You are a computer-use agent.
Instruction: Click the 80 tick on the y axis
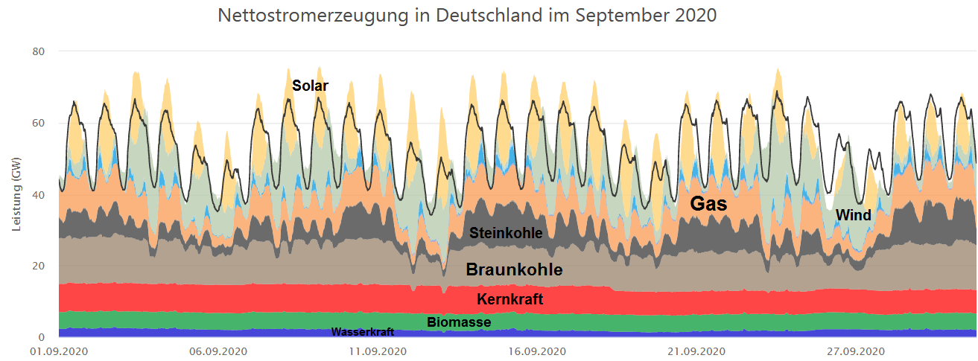click(x=39, y=51)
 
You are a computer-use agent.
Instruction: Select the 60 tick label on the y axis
click(x=39, y=123)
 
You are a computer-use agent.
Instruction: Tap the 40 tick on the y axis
click(x=39, y=194)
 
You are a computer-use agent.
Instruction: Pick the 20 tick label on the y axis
click(x=39, y=266)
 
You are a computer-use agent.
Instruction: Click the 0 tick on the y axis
click(x=42, y=337)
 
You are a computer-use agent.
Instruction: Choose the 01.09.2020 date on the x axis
click(x=59, y=351)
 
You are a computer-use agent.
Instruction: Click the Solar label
click(x=310, y=86)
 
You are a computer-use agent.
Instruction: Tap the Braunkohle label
click(x=514, y=269)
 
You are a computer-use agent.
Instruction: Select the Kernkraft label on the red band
click(x=509, y=299)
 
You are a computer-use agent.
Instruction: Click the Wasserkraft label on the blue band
click(x=362, y=332)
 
